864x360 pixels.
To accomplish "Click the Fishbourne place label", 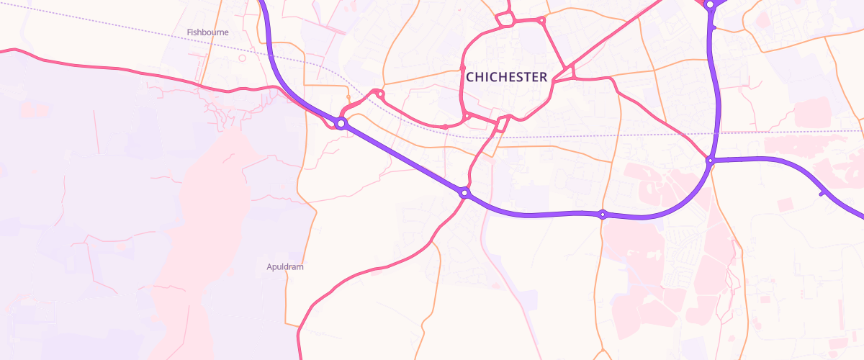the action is pyautogui.click(x=207, y=32).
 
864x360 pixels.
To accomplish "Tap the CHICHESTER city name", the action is pyautogui.click(x=506, y=76).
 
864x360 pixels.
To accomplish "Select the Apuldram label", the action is pyautogui.click(x=285, y=267).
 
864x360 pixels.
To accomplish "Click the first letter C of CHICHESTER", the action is pyautogui.click(x=470, y=76).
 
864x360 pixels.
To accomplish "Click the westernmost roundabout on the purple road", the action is pyautogui.click(x=341, y=123).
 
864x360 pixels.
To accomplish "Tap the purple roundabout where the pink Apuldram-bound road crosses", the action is pyautogui.click(x=465, y=193).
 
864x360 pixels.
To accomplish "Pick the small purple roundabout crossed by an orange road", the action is pyautogui.click(x=603, y=214).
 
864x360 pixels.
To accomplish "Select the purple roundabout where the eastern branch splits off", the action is pyautogui.click(x=710, y=161).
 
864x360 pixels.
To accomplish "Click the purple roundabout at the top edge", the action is pyautogui.click(x=710, y=4).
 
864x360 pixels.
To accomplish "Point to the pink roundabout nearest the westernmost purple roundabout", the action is pyautogui.click(x=380, y=94).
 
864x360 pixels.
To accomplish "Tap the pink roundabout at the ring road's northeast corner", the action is pyautogui.click(x=542, y=21).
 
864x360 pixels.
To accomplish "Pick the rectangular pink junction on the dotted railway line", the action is pyautogui.click(x=501, y=124).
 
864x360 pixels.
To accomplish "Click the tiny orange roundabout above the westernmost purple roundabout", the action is pyautogui.click(x=348, y=97).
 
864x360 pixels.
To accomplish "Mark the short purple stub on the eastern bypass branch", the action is pyautogui.click(x=822, y=192).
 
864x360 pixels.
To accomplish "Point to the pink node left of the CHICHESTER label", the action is pyautogui.click(x=462, y=70).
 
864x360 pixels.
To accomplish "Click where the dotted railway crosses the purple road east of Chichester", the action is pyautogui.click(x=716, y=133).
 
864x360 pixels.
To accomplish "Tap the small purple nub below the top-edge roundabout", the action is pyautogui.click(x=712, y=27).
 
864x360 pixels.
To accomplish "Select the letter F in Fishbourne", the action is pyautogui.click(x=189, y=32).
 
